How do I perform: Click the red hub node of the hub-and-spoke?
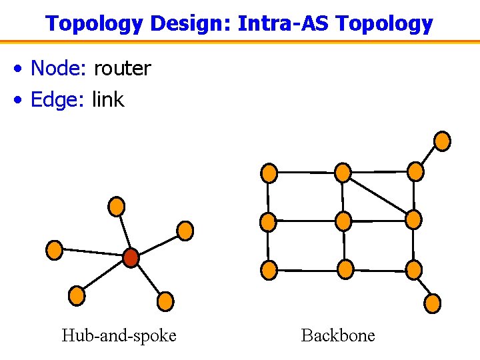coord(131,257)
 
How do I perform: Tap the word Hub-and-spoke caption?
coord(119,335)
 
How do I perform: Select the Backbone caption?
coord(338,335)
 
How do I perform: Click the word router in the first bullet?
coord(122,68)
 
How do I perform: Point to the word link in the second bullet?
coord(108,99)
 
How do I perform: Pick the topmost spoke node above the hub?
coord(117,206)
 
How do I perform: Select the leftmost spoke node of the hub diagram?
coord(54,250)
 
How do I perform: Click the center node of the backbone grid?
coord(343,221)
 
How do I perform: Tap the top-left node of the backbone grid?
coord(269,173)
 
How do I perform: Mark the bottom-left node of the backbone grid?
coord(269,270)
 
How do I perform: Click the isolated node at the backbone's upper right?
coord(442,141)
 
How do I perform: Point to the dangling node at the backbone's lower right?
coord(433,303)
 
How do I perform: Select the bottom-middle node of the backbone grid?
coord(345,269)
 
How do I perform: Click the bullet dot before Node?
coord(21,69)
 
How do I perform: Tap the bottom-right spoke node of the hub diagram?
coord(165,302)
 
